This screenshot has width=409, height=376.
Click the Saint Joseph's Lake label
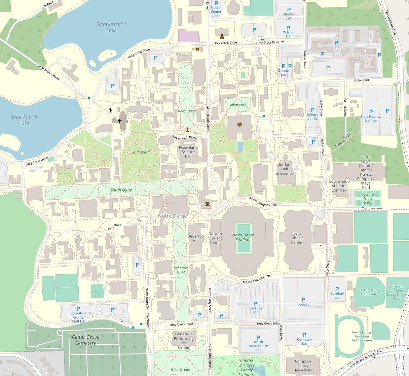[x=111, y=27]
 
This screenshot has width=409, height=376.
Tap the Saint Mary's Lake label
[x=24, y=120]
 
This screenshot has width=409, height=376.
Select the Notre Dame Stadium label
[x=243, y=237]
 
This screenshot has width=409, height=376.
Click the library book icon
[x=239, y=125]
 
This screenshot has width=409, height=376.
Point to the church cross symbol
[x=119, y=121]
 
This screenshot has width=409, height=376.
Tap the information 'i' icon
[x=111, y=110]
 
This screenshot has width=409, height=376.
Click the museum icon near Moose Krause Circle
[x=207, y=204]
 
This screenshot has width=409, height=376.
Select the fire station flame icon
[x=197, y=49]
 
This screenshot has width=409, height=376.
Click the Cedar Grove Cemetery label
[x=85, y=340]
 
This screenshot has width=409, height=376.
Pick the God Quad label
[x=140, y=152]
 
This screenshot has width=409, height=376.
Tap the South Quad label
[x=121, y=190]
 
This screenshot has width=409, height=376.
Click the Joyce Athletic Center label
[x=297, y=238]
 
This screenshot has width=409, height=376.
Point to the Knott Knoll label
[x=238, y=105]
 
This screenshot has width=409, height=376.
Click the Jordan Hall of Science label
[x=285, y=169]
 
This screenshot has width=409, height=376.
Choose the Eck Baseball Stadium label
[x=370, y=292]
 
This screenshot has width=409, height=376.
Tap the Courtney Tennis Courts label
[x=368, y=198]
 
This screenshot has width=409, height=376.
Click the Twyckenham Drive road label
[x=391, y=23]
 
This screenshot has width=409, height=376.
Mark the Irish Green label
[x=180, y=370]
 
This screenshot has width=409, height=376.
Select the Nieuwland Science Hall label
[x=188, y=152]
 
